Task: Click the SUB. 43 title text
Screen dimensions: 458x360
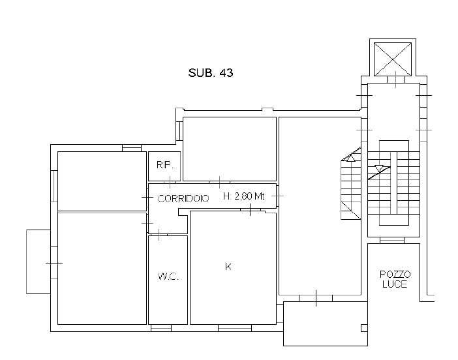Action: click(211, 72)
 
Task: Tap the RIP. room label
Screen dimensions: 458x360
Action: click(165, 165)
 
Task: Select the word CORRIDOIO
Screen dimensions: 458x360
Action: click(183, 198)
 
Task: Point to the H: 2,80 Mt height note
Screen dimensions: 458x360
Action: click(243, 196)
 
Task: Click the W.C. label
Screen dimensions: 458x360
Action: click(168, 277)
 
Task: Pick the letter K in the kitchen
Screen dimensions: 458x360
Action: click(228, 266)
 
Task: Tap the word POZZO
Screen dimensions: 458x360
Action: click(395, 275)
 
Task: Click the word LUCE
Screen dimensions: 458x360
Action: click(395, 284)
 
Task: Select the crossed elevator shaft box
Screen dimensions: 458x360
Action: click(393, 59)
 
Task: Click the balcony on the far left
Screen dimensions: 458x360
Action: click(38, 262)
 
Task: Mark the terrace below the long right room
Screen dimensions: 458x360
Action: click(326, 323)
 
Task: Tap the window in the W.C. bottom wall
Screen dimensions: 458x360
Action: click(161, 328)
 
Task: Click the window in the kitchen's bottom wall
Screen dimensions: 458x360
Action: click(235, 328)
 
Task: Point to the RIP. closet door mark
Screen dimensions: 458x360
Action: click(170, 182)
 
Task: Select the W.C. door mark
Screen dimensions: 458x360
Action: click(159, 234)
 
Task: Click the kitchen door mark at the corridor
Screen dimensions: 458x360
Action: click(251, 209)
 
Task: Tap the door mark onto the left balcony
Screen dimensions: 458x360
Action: click(54, 263)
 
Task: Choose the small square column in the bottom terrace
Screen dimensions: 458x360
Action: click(364, 328)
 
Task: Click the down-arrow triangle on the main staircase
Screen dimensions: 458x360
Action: click(379, 168)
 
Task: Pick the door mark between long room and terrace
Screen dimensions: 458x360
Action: click(316, 298)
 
